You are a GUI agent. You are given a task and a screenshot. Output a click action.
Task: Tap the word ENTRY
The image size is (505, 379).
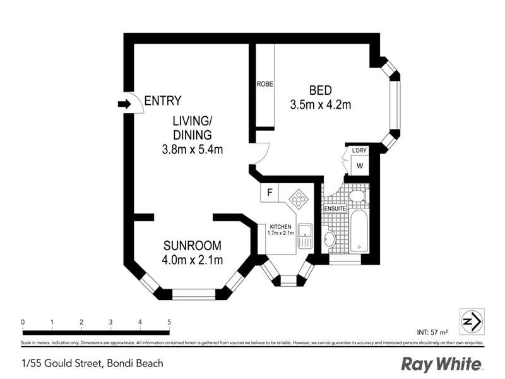[163, 100]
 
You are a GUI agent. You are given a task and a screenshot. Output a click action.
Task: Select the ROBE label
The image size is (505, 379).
[264, 84]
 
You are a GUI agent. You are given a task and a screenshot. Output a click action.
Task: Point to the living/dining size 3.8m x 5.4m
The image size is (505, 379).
[193, 150]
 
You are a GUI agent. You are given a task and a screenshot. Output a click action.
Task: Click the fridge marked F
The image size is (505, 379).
[270, 192]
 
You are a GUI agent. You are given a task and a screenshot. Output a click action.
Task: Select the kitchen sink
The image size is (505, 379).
[304, 236]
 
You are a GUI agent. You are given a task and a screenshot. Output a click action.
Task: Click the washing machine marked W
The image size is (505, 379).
[360, 166]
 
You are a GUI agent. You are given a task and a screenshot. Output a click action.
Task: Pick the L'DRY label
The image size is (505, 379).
[360, 150]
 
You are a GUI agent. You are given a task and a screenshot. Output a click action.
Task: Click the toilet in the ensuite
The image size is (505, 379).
[357, 195]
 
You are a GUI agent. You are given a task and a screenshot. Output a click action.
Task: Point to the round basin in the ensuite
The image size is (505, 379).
[330, 239]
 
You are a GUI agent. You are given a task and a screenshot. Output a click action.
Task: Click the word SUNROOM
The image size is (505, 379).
[193, 246]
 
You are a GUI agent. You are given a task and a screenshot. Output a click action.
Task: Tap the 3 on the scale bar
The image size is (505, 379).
[110, 322]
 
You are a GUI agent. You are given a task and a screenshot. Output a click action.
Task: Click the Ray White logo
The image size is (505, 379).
[443, 364]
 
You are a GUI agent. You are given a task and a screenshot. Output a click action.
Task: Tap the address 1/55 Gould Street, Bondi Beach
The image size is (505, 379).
[92, 363]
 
